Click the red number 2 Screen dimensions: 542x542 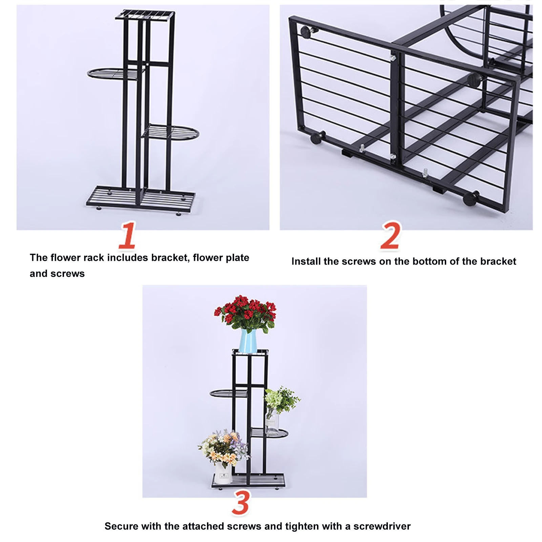point(390,236)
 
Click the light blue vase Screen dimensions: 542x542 point(248,341)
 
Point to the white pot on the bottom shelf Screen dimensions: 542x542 point(223,473)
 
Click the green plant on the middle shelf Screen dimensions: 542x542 point(280,401)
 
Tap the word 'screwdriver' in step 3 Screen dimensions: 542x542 point(382,526)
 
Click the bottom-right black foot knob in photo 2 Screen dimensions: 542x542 point(471,198)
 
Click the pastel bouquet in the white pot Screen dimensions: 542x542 point(223,447)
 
